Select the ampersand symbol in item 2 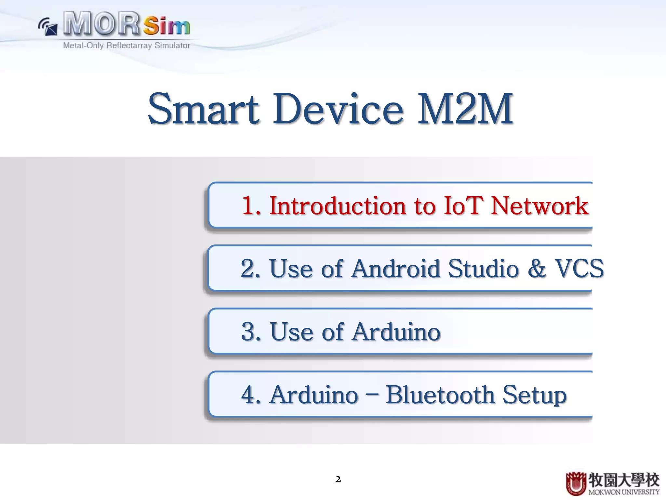537,269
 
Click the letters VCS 579,269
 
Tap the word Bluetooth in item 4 440,395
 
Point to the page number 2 338,479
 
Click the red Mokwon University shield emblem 576,484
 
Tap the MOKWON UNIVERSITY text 623,492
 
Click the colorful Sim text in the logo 166,26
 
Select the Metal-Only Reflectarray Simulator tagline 127,46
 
